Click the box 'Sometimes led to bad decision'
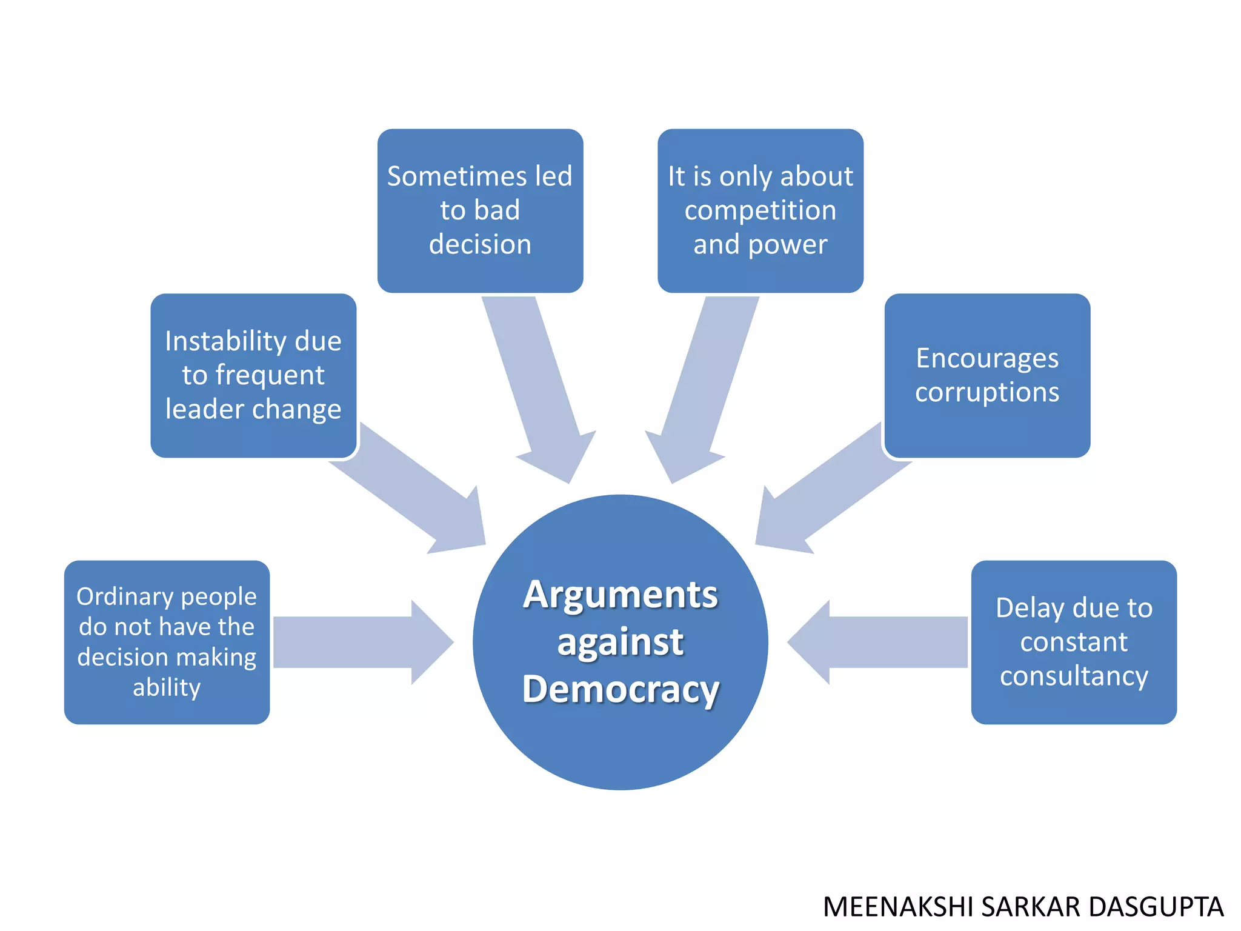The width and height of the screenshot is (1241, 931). point(480,210)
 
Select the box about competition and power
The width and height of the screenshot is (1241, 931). point(760,210)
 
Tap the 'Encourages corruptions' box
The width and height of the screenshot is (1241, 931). point(987,375)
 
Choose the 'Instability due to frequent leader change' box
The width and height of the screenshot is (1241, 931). point(253,375)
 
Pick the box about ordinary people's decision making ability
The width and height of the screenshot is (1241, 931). point(167,642)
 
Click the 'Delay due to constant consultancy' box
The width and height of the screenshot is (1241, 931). point(1074,642)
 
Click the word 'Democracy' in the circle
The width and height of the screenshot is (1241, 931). point(620,689)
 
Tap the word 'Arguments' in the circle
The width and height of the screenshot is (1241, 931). point(620,595)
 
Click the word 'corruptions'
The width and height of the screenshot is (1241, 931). point(987,392)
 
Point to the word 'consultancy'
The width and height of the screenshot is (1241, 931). point(1074,676)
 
